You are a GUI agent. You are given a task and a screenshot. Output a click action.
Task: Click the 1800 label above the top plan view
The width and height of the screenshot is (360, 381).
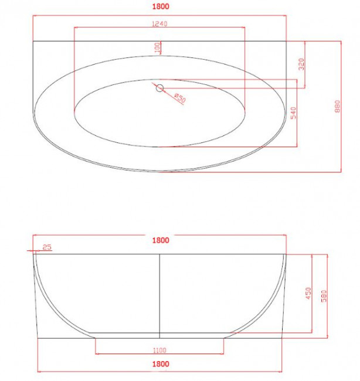[161, 6]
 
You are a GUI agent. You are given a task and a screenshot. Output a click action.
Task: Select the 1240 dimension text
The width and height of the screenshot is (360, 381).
[159, 24]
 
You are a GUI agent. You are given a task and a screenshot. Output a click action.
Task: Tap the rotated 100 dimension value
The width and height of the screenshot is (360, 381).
[158, 47]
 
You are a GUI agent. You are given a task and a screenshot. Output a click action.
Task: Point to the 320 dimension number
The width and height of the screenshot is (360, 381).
[301, 64]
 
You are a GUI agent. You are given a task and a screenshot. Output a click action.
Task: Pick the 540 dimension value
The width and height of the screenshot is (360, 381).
[294, 113]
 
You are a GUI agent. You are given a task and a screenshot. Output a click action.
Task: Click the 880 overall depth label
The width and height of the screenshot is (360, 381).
[337, 106]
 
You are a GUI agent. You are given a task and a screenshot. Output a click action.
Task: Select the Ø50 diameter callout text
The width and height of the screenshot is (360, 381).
[180, 98]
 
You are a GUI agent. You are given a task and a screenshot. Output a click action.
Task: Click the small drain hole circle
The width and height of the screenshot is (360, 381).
[159, 88]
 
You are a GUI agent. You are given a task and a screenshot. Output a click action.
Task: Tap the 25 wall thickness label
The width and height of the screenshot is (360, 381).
[47, 247]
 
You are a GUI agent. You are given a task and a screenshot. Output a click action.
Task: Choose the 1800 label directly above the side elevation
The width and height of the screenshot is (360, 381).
[161, 240]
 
